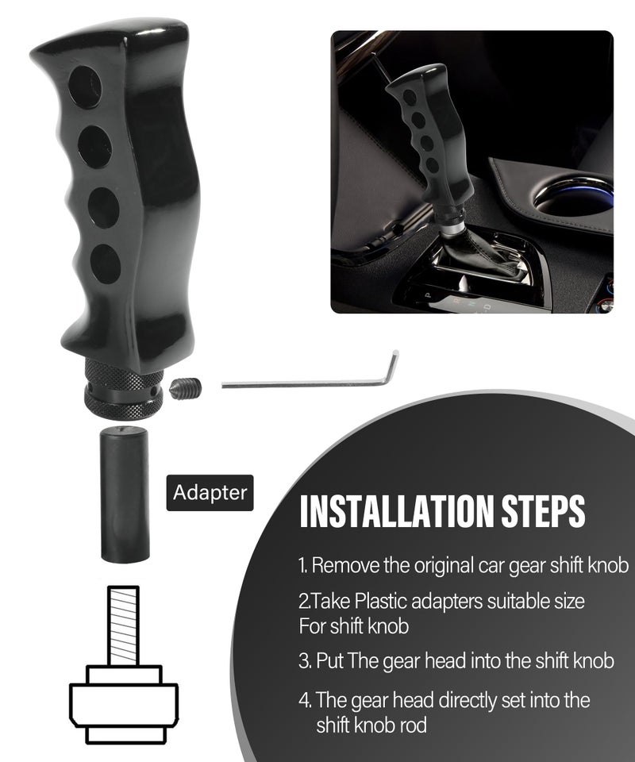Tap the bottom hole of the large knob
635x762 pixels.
click(106, 264)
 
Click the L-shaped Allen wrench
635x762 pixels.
click(317, 379)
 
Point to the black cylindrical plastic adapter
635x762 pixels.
click(125, 495)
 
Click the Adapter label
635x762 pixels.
click(210, 492)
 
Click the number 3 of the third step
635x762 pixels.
click(303, 660)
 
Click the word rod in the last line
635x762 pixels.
click(412, 725)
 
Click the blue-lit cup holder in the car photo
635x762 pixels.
click(573, 198)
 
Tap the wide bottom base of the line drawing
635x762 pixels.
click(124, 702)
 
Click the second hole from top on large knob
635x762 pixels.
click(94, 147)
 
